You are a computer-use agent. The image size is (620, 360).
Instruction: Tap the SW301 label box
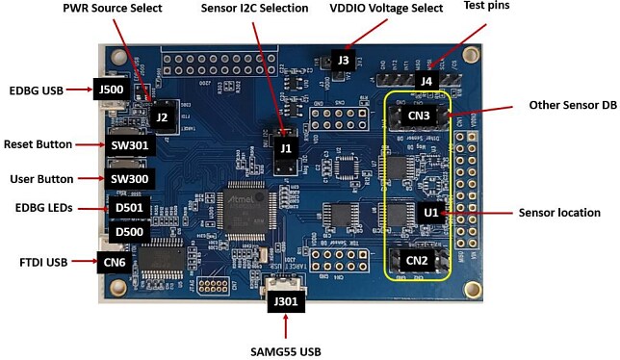[129, 145]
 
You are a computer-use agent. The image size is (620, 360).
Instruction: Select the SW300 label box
[129, 179]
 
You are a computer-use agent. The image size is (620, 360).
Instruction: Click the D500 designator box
[128, 232]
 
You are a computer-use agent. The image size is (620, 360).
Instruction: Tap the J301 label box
[288, 301]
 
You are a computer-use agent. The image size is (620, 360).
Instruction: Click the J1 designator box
[283, 149]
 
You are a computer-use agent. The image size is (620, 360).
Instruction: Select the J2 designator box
[162, 116]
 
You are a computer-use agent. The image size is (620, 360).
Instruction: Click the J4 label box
[425, 81]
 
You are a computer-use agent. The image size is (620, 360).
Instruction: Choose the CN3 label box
[417, 117]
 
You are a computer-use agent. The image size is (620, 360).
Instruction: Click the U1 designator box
[430, 212]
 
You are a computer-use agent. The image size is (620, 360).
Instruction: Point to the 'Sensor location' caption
[559, 213]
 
